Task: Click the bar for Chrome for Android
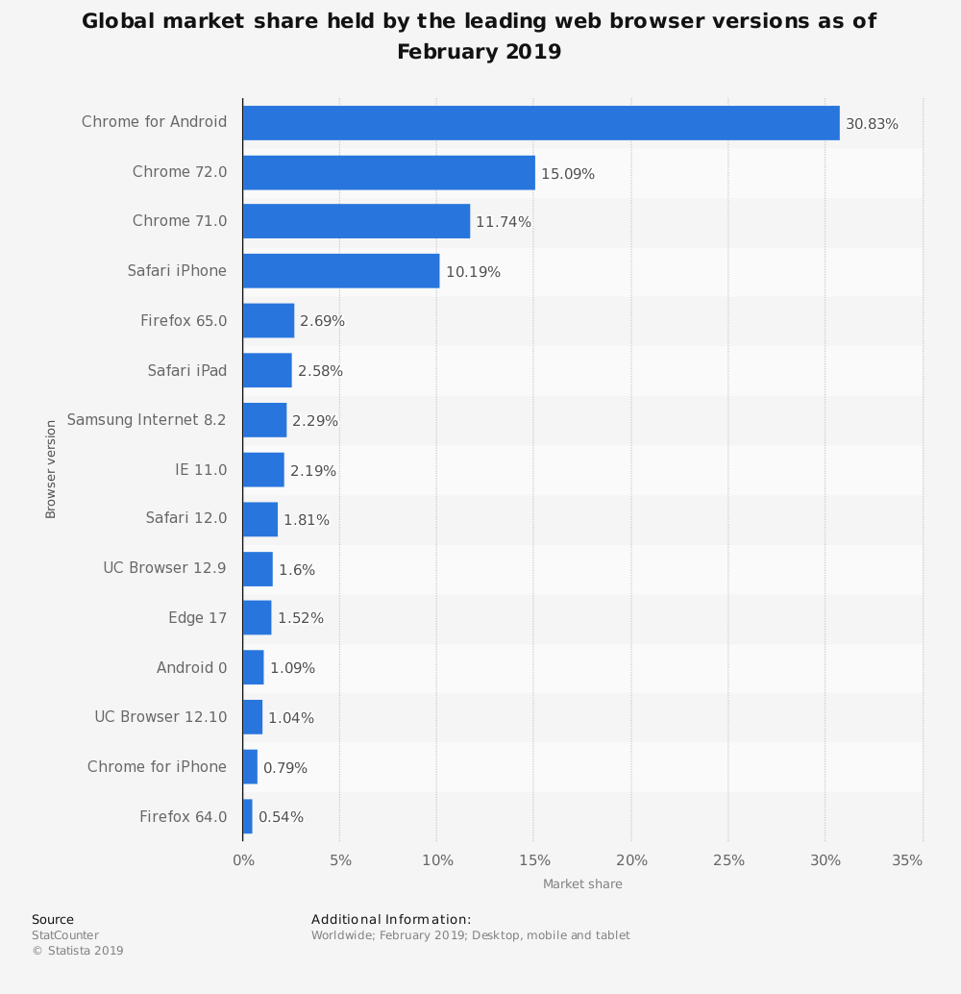pyautogui.click(x=541, y=123)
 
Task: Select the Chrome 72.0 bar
pyautogui.click(x=389, y=173)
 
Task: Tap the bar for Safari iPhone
pyautogui.click(x=341, y=271)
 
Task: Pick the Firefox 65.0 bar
pyautogui.click(x=268, y=321)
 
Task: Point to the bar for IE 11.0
pyautogui.click(x=263, y=470)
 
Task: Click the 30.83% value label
pyautogui.click(x=872, y=124)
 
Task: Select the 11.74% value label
pyautogui.click(x=504, y=222)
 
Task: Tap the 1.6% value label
pyautogui.click(x=297, y=570)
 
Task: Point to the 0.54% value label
pyautogui.click(x=281, y=817)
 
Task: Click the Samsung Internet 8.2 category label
pyautogui.click(x=147, y=420)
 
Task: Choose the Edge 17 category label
pyautogui.click(x=198, y=618)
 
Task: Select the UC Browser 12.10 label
pyautogui.click(x=160, y=717)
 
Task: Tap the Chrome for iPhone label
pyautogui.click(x=158, y=767)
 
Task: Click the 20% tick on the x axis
pyautogui.click(x=631, y=860)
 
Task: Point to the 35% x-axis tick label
pyautogui.click(x=907, y=860)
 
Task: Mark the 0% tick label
pyautogui.click(x=244, y=860)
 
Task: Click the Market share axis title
pyautogui.click(x=582, y=884)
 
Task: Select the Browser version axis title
pyautogui.click(x=51, y=469)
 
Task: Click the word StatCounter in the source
pyautogui.click(x=65, y=935)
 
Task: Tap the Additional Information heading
pyautogui.click(x=391, y=920)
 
